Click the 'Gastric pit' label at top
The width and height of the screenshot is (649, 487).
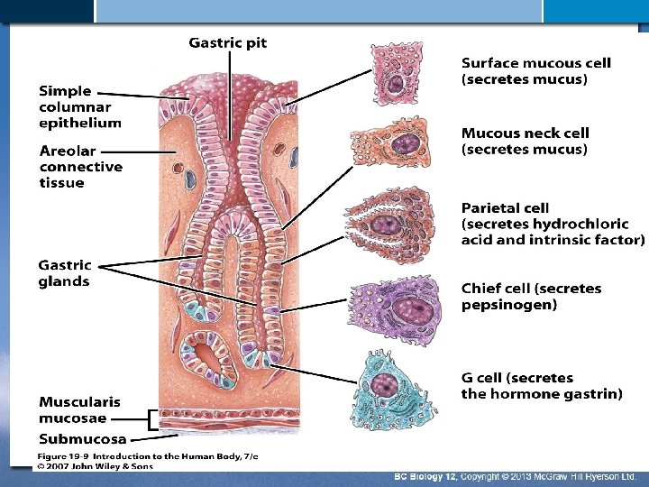227,41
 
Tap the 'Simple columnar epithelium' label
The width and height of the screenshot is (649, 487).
79,106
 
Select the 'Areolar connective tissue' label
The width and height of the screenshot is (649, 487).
81,166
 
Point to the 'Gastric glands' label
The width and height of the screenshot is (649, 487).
64,273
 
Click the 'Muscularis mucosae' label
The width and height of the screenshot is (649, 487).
79,409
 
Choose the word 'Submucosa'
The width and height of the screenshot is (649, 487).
82,438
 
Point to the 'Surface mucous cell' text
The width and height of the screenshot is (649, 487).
535,63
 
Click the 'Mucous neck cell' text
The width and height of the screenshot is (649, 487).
525,133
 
